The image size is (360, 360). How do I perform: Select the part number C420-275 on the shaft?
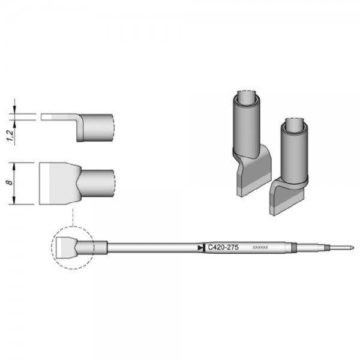(x=223, y=247)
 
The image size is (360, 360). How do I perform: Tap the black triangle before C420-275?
(x=200, y=247)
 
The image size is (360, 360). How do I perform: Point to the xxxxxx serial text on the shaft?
(x=261, y=247)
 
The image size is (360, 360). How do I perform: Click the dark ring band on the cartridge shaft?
(x=294, y=247)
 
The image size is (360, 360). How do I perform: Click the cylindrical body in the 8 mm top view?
(x=97, y=184)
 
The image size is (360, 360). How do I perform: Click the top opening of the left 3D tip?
(x=247, y=97)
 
